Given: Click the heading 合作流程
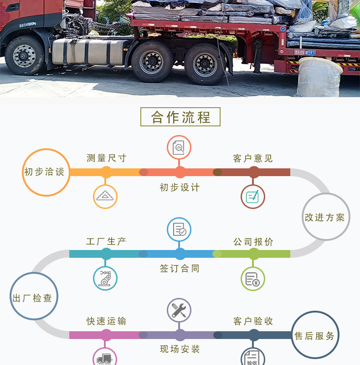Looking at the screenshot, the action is (180, 117).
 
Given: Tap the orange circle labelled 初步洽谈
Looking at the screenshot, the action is (46, 172).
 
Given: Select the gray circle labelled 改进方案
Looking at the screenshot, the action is (325, 217).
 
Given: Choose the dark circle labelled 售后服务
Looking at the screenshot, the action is (314, 335).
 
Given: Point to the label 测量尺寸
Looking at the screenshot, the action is (106, 158).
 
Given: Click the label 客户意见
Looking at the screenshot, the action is (253, 158).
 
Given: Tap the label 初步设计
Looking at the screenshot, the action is (180, 188).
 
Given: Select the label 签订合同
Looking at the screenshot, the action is (180, 269).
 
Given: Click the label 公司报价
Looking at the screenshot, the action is (253, 242).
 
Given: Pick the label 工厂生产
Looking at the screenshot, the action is (106, 241).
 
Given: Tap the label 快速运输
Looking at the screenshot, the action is (106, 321).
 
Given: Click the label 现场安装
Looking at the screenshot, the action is (180, 349).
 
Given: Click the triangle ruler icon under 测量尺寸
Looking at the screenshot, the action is (106, 197).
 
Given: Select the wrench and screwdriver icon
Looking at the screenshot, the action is (179, 311).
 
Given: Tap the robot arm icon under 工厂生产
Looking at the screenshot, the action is (105, 278).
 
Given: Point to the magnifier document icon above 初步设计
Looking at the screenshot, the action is (179, 147).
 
